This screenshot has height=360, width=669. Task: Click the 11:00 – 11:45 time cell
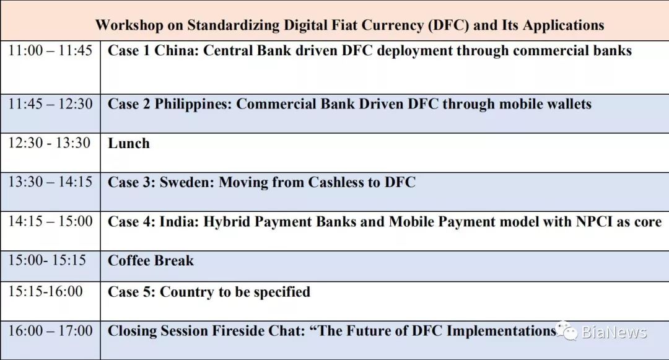coord(50,50)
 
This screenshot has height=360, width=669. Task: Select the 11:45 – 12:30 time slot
coord(50,103)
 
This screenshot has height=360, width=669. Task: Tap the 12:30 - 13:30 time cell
coord(50,143)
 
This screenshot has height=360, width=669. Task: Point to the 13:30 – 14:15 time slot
coord(50,182)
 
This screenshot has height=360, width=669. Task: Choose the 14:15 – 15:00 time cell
coord(50,221)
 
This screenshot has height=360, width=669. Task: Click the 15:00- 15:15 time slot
coord(47,260)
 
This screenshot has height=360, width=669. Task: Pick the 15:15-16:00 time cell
coord(46,291)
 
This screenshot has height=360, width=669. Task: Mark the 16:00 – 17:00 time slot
coord(50,331)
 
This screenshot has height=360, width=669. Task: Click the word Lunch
coord(129,143)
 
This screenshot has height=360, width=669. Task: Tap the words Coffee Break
coord(151,261)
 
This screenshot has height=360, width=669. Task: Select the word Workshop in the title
coord(129,25)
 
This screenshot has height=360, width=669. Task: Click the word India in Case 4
coord(179,222)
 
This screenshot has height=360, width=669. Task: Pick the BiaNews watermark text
coord(614,332)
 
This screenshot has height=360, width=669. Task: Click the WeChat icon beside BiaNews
coord(567,331)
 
